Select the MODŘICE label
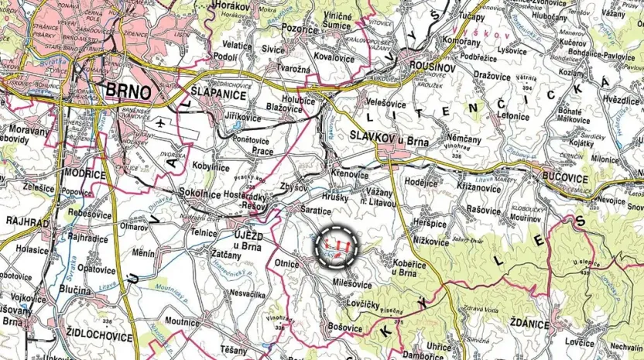[x=85, y=174]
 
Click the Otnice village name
[x=286, y=263]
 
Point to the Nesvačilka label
[x=249, y=293]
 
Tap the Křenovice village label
[x=349, y=173]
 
